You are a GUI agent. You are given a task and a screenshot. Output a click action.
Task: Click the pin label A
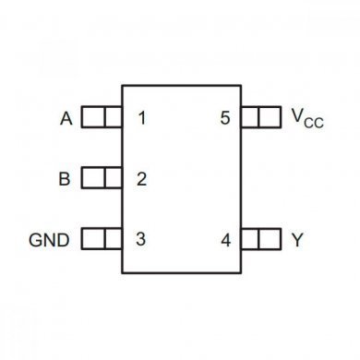point(66,118)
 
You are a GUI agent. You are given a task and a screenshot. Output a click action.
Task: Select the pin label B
point(64,179)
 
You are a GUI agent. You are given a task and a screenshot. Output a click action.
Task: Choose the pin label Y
point(296,240)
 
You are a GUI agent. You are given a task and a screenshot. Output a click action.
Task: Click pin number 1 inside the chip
point(141,118)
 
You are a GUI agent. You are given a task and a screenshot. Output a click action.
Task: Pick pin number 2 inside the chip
point(141,179)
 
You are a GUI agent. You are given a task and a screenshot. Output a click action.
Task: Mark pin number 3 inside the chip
point(141,240)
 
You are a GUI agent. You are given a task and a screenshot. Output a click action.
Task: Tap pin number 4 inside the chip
point(225,240)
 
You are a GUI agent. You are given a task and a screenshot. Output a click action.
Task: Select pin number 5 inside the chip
point(225,118)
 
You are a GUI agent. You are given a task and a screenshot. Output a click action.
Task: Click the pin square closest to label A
point(92,118)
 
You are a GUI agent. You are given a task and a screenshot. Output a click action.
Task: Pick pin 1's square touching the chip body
point(113,118)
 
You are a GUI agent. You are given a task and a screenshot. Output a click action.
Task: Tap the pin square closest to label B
point(92,179)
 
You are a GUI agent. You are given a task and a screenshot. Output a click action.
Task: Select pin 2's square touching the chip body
point(113,179)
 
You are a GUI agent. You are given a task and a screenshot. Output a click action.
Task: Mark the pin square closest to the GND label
point(92,240)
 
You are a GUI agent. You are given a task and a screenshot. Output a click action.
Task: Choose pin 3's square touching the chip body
point(113,240)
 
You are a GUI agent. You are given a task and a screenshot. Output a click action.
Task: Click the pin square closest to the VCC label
point(270,118)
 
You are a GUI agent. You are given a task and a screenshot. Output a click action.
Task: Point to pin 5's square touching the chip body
point(250,118)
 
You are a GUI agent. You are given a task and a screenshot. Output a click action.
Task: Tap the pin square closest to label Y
point(270,240)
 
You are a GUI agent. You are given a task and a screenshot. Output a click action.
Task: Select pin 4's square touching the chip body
point(250,240)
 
